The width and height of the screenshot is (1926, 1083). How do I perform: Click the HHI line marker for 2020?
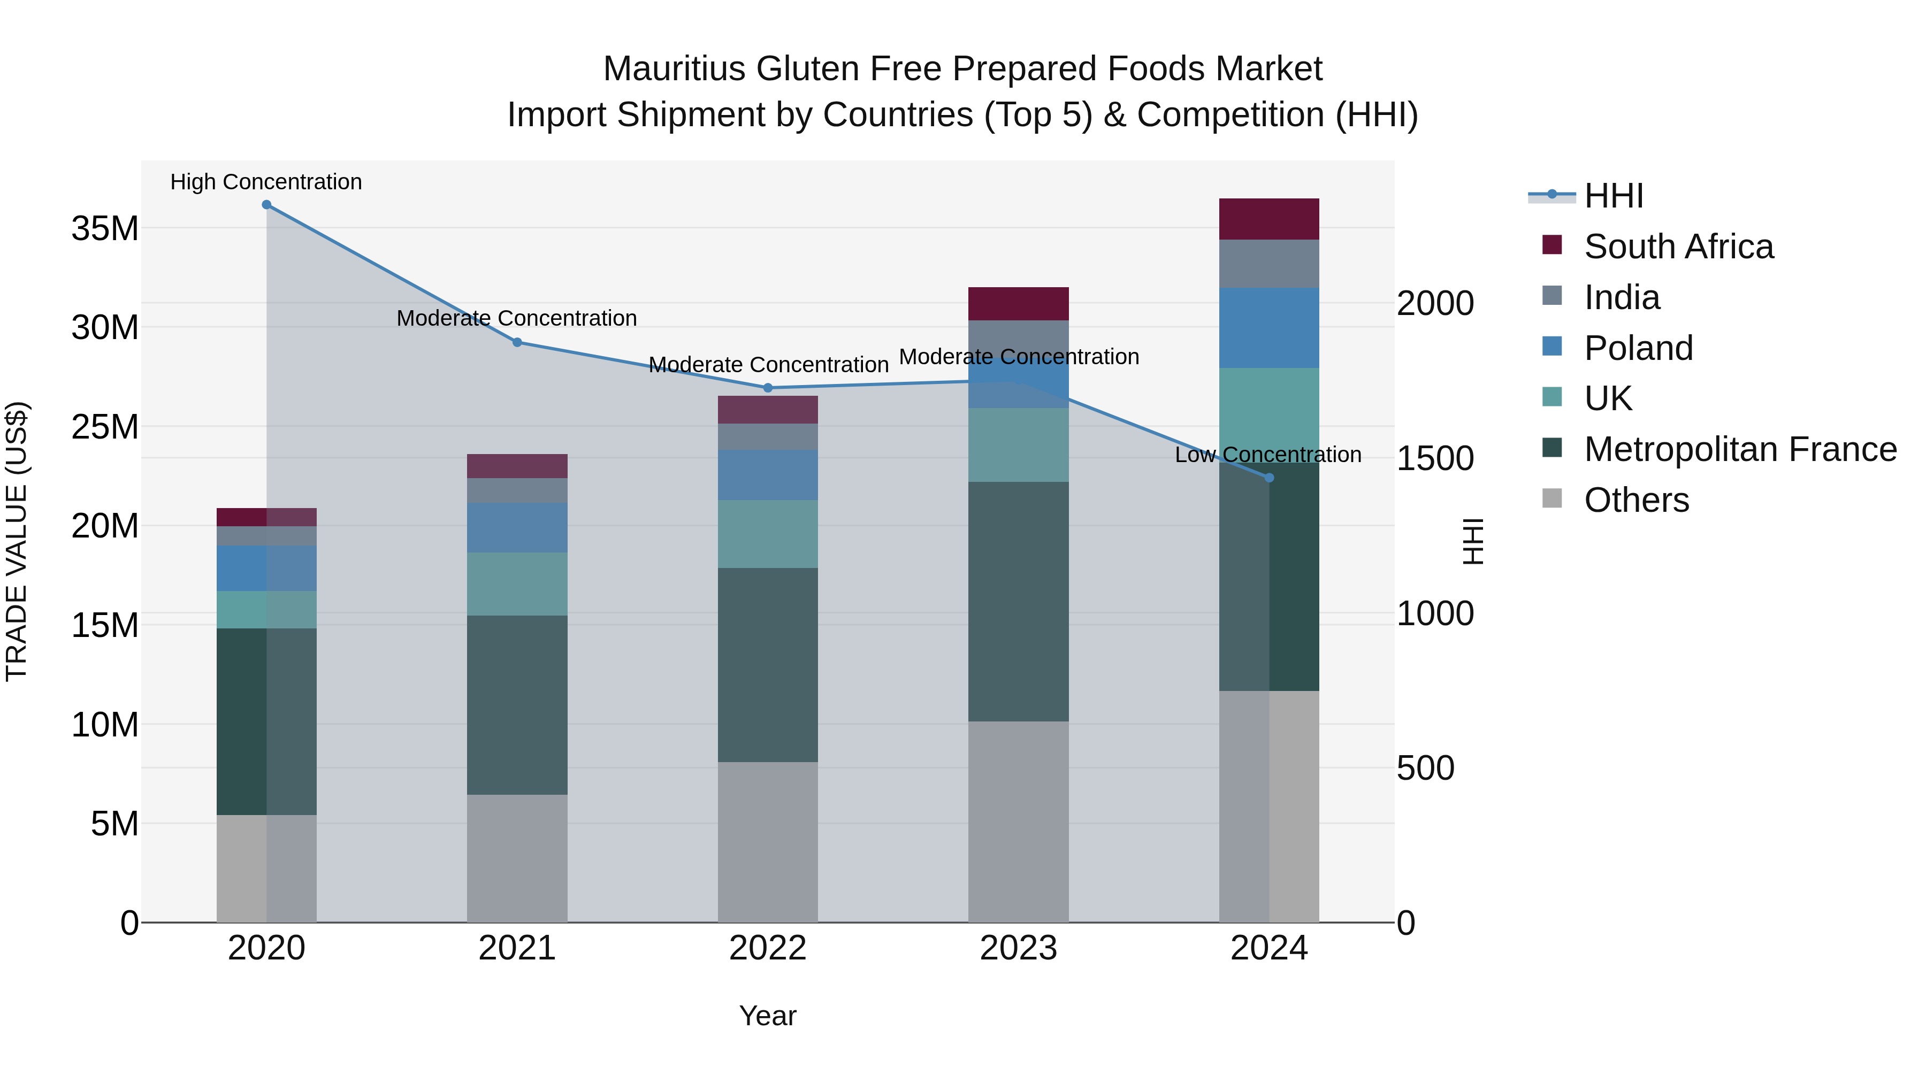point(267,205)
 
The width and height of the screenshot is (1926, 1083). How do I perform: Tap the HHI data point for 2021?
point(517,342)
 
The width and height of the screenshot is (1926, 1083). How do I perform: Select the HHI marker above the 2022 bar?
point(768,388)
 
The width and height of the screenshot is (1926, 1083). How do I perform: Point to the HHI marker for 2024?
point(1269,478)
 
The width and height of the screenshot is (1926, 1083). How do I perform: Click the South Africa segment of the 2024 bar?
point(1269,219)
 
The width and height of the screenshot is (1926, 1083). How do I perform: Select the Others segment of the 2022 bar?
point(768,842)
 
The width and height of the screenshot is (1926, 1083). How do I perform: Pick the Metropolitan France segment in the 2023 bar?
point(1018,601)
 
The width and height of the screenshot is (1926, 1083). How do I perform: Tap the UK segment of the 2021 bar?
point(517,583)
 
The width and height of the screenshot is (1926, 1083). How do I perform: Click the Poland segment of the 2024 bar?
point(1269,327)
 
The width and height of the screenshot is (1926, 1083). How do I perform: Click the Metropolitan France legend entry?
point(1740,449)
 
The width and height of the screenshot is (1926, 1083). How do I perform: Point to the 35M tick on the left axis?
point(105,228)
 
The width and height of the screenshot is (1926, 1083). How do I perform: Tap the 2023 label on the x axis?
point(1018,948)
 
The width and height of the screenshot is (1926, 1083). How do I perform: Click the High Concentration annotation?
point(266,182)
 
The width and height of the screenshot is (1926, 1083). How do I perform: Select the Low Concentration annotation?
point(1268,455)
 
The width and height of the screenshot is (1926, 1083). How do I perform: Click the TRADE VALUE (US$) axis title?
point(17,541)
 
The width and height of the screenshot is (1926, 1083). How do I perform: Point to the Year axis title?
point(768,1016)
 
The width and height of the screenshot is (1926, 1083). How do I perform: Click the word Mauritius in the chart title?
point(674,69)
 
